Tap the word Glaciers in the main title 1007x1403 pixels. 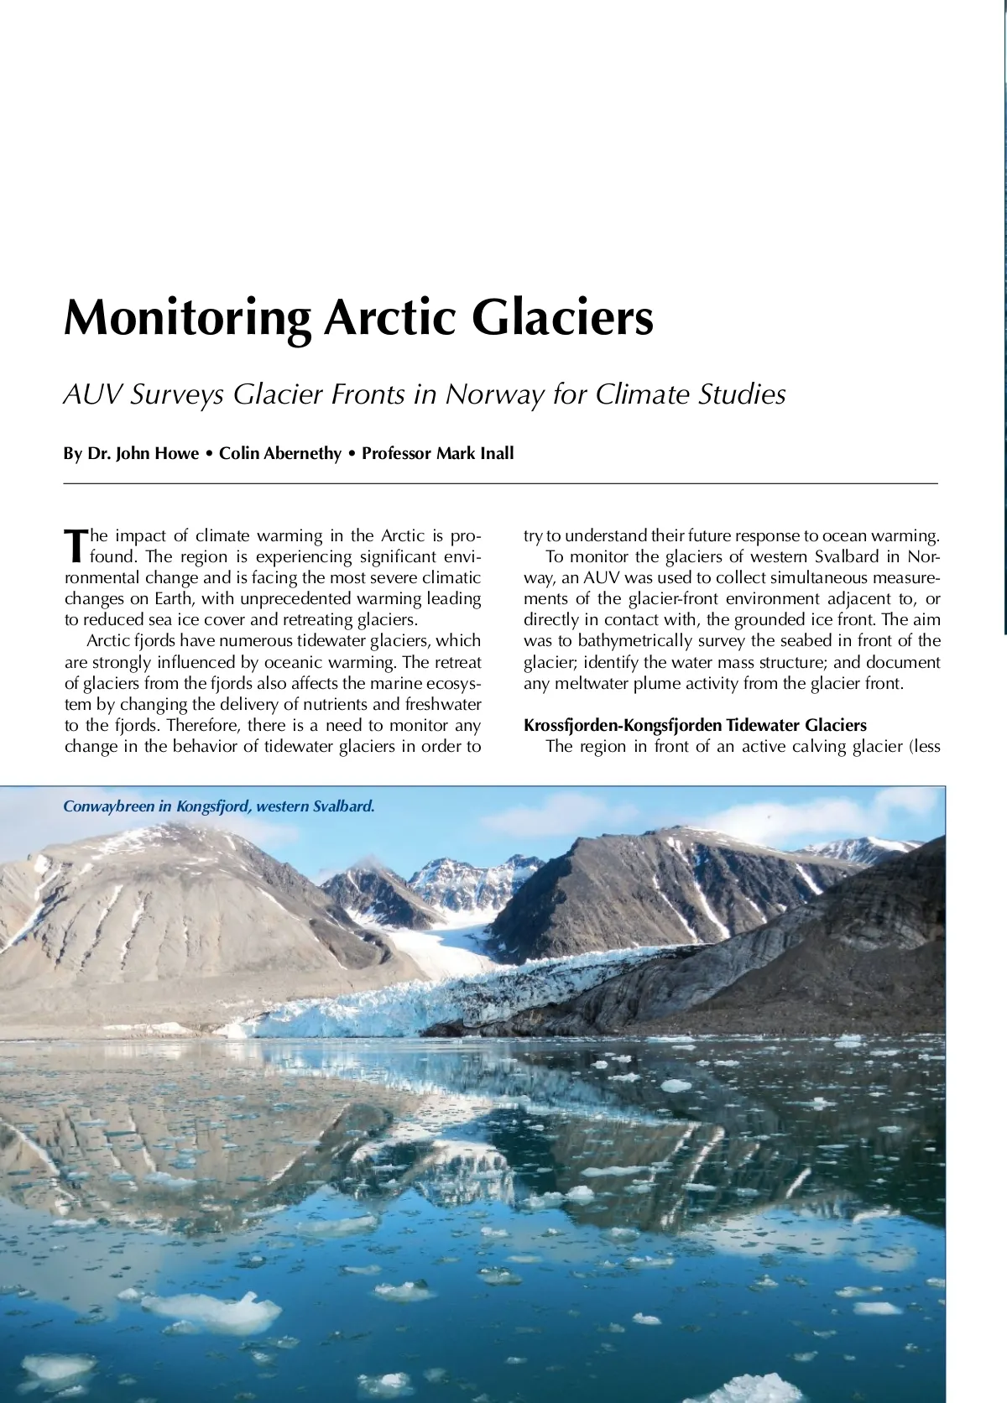point(562,317)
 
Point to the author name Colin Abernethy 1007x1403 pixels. point(280,454)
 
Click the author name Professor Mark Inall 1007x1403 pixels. point(437,454)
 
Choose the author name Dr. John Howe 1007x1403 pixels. point(131,454)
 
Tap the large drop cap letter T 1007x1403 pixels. point(76,545)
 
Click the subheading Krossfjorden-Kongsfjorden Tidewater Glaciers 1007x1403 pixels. point(695,725)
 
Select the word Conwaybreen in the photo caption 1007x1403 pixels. point(108,806)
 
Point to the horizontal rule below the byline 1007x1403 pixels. point(500,484)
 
